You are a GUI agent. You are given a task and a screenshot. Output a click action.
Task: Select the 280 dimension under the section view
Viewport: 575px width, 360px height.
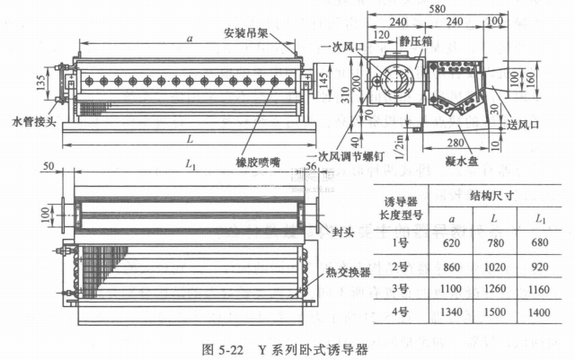point(456,141)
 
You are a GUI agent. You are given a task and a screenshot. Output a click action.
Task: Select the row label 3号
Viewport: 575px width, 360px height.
point(401,288)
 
